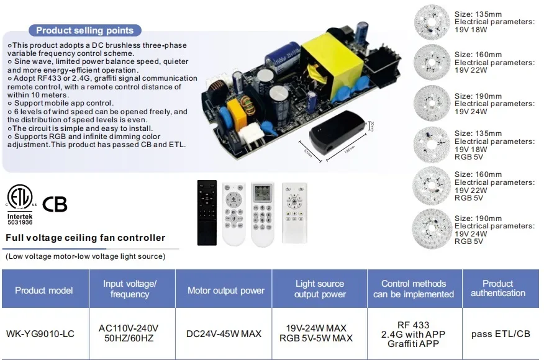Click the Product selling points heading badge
coord(84,30)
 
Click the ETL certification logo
coord(20,197)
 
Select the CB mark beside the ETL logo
coord(55,204)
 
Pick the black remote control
coord(207,213)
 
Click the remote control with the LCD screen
coord(262,214)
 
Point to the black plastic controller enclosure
coord(337,133)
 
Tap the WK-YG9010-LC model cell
coord(40,334)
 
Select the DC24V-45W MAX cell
coord(224,334)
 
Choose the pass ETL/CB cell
coord(501,334)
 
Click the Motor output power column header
coord(226,290)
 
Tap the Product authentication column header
coord(498,288)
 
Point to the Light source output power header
coord(320,289)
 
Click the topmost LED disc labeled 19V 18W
coord(432,22)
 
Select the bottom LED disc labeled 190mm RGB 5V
coord(432,229)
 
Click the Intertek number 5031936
coord(20,222)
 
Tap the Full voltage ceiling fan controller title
coord(85,238)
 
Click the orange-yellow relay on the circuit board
coord(237,113)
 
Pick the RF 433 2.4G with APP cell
coord(413,335)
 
